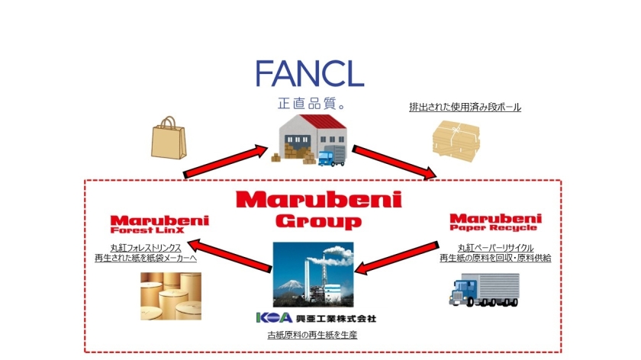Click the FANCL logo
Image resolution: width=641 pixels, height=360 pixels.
coord(309,72)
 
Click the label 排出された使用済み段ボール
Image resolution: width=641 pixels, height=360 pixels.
coord(465,108)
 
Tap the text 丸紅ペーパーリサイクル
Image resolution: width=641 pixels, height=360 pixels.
coord(495,248)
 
